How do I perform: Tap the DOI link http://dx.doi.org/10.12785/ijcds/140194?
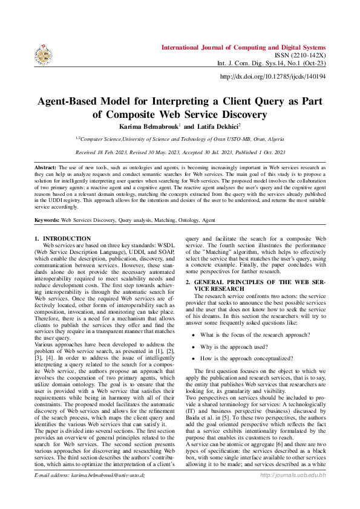coord(273,77)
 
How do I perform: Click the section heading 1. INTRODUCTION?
coord(63,239)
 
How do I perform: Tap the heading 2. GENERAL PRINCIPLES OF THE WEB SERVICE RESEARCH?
coord(257,286)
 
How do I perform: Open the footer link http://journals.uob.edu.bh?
coord(293,493)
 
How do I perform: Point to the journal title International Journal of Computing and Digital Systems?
coord(243,47)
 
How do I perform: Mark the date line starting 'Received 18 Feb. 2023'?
coord(180,152)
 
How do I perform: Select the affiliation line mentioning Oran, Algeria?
coord(180,138)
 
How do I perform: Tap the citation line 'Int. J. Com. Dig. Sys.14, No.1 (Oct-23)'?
coord(272,63)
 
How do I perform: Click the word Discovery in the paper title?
coord(243,114)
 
